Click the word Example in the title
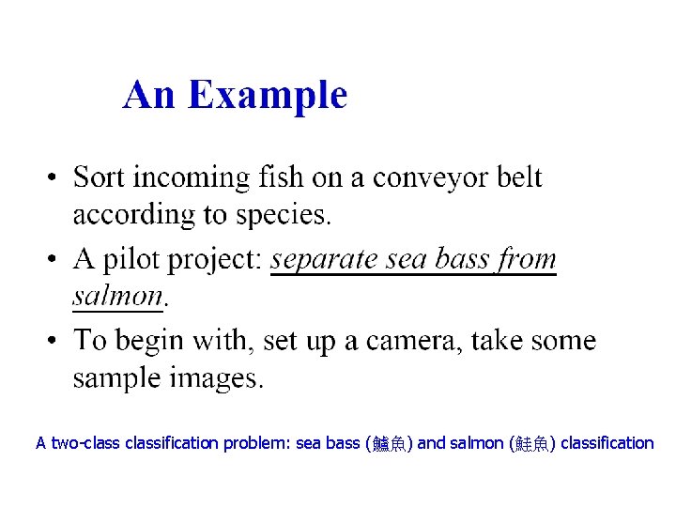[269, 96]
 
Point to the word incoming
[196, 178]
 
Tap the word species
[283, 216]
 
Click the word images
[218, 378]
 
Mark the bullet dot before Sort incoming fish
[55, 178]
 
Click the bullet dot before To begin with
[55, 340]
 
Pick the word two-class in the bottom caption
[82, 442]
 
